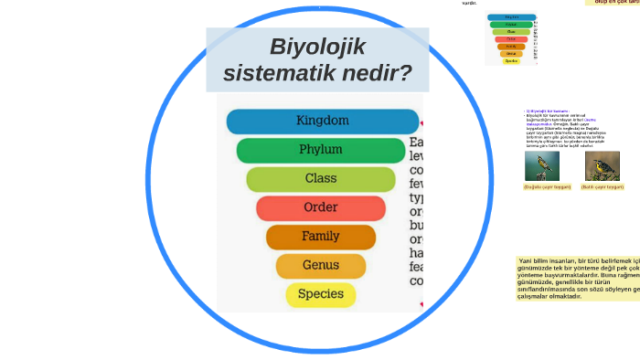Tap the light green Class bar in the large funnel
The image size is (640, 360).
coord(321,179)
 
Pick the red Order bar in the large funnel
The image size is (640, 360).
coord(321,208)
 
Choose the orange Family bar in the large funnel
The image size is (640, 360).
coord(321,237)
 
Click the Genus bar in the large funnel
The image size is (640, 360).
coord(321,266)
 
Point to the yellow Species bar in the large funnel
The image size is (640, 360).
coord(321,294)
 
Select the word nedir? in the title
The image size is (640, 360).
coord(375,72)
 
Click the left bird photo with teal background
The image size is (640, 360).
coord(542,165)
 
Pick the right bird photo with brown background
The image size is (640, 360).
coord(602,165)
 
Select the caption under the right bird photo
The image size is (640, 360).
coord(602,186)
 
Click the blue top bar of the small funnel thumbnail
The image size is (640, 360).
coord(511,16)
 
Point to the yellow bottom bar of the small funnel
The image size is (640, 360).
coord(511,61)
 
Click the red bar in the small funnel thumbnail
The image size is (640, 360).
coord(511,39)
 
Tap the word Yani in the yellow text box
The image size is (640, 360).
coord(527,260)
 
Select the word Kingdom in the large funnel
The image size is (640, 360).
coord(322,121)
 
